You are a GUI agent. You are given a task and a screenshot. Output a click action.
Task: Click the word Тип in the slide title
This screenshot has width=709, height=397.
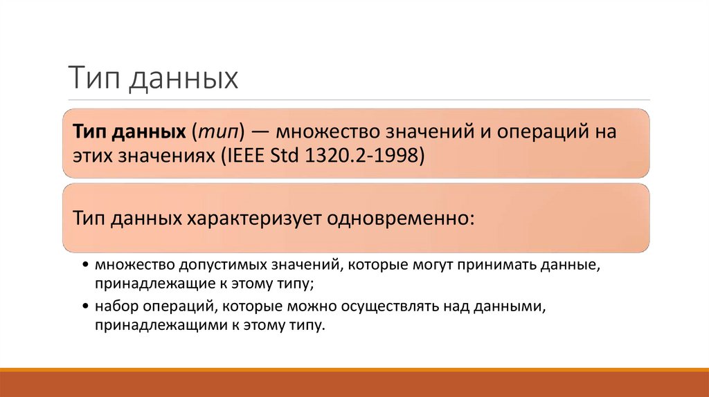[x=87, y=78]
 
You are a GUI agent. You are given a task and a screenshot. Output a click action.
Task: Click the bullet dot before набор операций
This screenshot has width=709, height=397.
[x=84, y=306]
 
